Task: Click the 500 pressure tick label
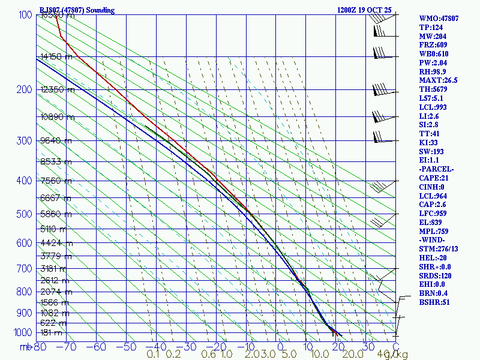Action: pyautogui.click(x=23, y=214)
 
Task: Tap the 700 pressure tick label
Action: pyautogui.click(x=23, y=269)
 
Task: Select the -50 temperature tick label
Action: pyautogui.click(x=127, y=347)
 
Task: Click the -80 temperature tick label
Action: pyautogui.click(x=39, y=347)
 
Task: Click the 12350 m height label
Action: pyautogui.click(x=58, y=90)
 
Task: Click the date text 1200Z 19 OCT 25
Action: pyautogui.click(x=365, y=10)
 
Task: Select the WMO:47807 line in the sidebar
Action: pyautogui.click(x=439, y=19)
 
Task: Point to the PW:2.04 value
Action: pyautogui.click(x=434, y=62)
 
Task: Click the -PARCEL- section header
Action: pyautogui.click(x=437, y=169)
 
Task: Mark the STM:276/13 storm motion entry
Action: pyautogui.click(x=439, y=249)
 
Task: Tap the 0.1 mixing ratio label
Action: pyautogui.click(x=154, y=355)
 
